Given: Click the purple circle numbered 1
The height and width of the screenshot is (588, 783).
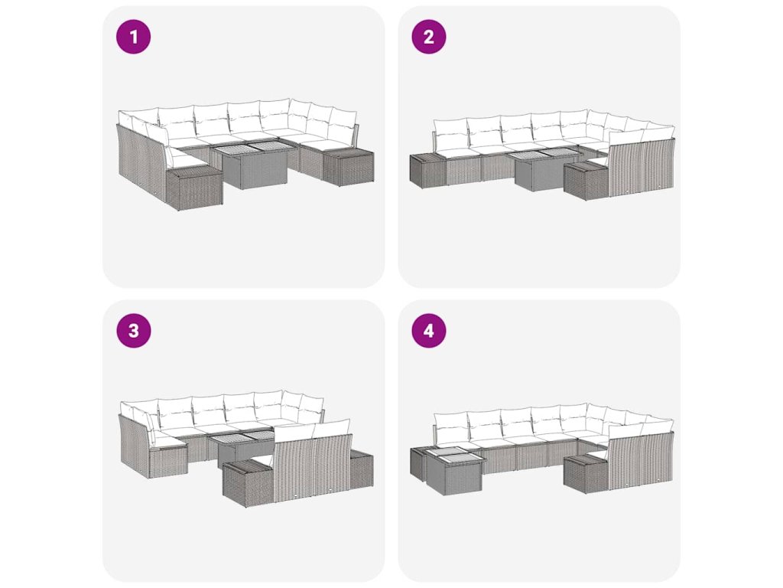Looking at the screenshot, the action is tap(133, 37).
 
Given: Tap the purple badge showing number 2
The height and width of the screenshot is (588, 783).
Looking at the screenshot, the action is tap(429, 37).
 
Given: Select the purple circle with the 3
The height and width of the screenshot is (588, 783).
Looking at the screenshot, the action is tap(133, 331).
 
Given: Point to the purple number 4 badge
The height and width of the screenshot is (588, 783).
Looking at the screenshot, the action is tap(429, 331).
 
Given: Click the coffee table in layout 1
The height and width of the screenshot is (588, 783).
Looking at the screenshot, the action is tap(252, 165).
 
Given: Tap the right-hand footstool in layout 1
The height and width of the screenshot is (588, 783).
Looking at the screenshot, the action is tap(348, 167).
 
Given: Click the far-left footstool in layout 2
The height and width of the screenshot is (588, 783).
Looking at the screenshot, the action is tap(427, 171).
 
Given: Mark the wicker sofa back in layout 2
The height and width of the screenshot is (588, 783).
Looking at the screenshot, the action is tap(641, 168).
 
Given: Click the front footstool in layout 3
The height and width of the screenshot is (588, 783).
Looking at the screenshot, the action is tap(249, 482).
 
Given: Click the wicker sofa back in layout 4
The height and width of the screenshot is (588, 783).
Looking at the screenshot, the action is tap(641, 461).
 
